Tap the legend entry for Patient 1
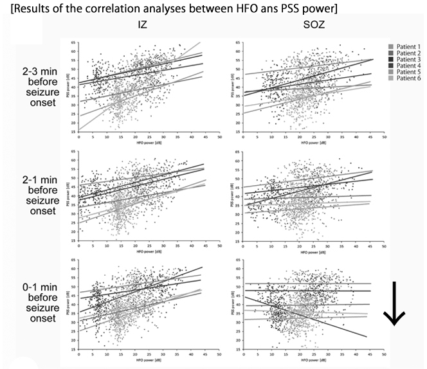[406, 47]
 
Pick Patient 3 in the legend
[406, 59]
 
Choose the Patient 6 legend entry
[406, 78]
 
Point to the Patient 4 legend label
[406, 66]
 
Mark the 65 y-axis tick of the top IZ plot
[73, 42]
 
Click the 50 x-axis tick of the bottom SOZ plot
[383, 354]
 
